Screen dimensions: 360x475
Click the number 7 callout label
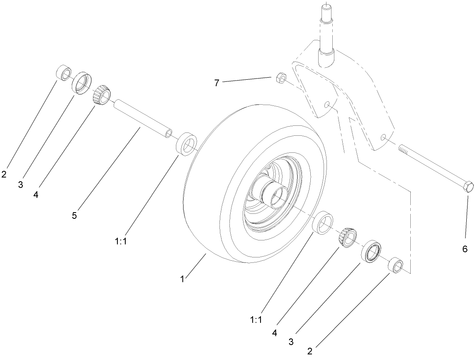(x=217, y=83)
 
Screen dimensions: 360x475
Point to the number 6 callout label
(x=465, y=249)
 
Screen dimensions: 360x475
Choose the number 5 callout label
(x=75, y=216)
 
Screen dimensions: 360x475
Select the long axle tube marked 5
(x=141, y=117)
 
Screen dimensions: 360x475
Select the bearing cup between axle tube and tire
(x=187, y=144)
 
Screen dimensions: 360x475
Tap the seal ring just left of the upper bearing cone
(x=82, y=83)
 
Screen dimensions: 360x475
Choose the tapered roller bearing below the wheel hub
(x=347, y=238)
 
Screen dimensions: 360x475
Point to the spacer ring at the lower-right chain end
(x=396, y=265)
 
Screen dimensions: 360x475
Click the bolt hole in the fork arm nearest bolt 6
(x=384, y=137)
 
